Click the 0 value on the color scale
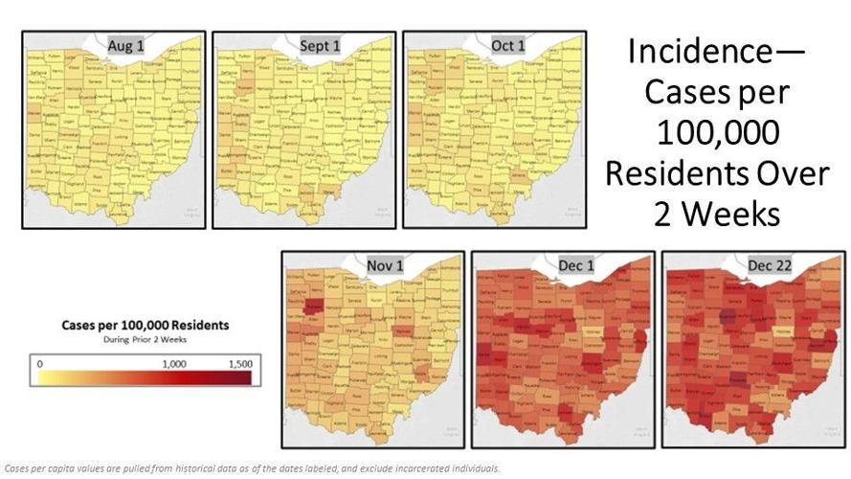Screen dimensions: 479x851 (x=39, y=364)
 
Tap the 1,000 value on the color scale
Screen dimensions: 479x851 (x=174, y=364)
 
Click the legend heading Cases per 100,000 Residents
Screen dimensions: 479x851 (x=146, y=326)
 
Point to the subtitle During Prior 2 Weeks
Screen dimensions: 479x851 (x=145, y=340)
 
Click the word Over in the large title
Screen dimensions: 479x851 (x=780, y=172)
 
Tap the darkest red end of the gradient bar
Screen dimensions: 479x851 (x=246, y=377)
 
